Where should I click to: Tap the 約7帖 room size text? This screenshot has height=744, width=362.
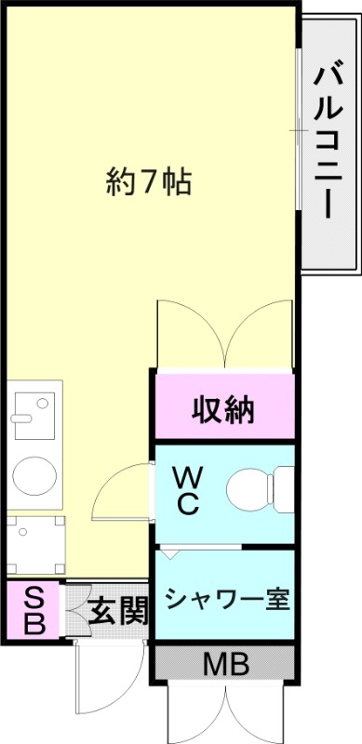[148, 182]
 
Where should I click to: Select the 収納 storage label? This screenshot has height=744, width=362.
[223, 409]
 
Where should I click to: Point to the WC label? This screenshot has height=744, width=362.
[187, 490]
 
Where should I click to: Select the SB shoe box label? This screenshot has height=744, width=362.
[32, 609]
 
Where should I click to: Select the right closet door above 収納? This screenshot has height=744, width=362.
[260, 335]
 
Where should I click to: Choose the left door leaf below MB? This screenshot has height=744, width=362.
[192, 711]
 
